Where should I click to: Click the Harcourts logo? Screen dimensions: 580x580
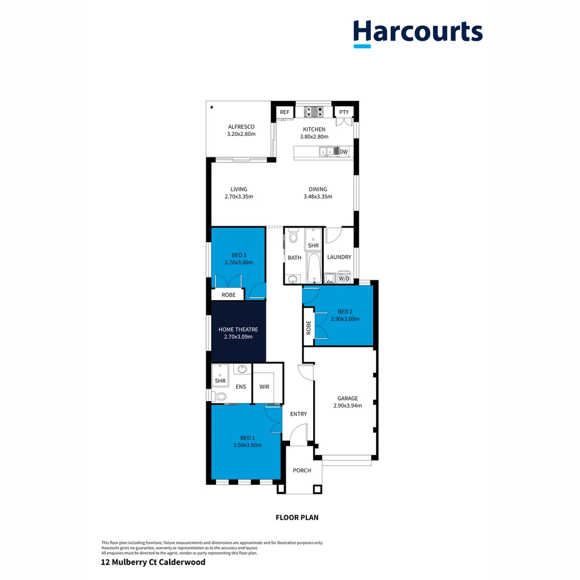click(418, 32)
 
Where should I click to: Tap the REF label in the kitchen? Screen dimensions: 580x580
click(284, 112)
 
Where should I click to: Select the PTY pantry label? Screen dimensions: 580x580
click(344, 112)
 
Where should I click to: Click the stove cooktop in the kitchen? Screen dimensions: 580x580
click(314, 112)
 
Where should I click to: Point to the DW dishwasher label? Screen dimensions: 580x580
click(344, 153)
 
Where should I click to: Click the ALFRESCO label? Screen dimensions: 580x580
click(241, 127)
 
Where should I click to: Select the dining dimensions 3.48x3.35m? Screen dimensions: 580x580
click(318, 197)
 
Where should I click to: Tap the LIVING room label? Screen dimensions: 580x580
click(239, 189)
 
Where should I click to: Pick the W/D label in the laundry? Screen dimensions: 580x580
click(344, 279)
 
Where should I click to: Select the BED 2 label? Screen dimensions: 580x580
click(345, 311)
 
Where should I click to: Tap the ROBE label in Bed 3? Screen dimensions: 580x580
click(228, 295)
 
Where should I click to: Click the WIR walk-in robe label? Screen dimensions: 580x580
click(264, 386)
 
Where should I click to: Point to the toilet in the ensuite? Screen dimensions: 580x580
click(219, 397)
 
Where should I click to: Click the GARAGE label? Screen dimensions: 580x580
click(347, 398)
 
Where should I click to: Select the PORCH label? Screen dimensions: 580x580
click(302, 470)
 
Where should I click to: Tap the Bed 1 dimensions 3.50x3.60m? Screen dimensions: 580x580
click(247, 445)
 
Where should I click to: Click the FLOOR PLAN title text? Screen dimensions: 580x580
click(297, 518)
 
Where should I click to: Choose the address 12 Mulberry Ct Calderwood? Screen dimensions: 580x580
click(153, 562)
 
